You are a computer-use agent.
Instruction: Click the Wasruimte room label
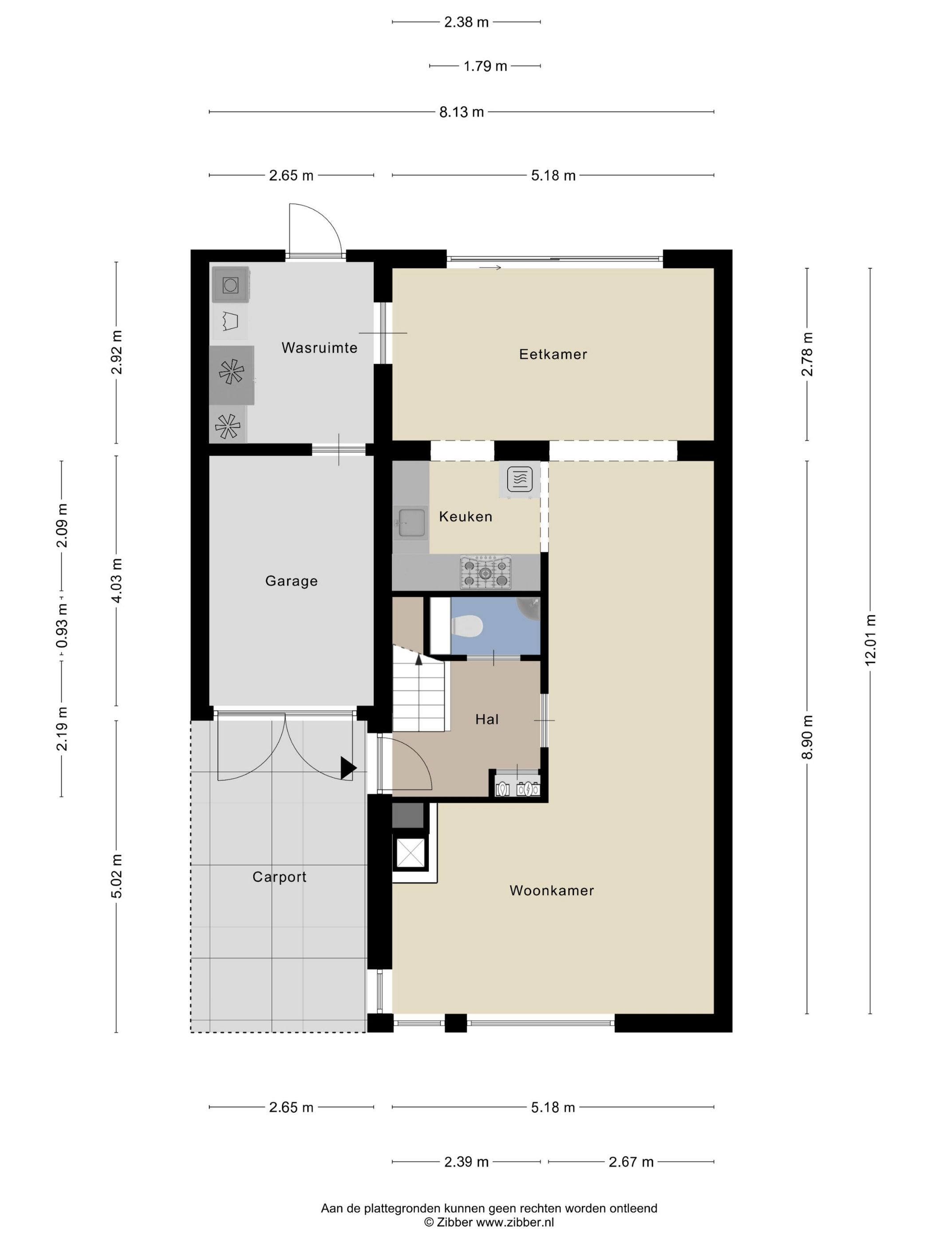[x=319, y=348]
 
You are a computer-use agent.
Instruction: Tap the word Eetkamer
[x=553, y=355]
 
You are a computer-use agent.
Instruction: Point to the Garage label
[x=291, y=581]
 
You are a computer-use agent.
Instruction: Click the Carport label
[x=279, y=877]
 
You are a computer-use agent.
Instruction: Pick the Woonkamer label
[x=551, y=890]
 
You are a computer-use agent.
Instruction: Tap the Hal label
[x=486, y=719]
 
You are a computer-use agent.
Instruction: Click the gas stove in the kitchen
[x=486, y=572]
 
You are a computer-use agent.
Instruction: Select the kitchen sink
[x=411, y=522]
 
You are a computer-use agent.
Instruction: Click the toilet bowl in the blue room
[x=468, y=625]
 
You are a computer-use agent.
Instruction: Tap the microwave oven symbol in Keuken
[x=520, y=479]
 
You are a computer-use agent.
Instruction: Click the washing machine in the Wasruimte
[x=230, y=285]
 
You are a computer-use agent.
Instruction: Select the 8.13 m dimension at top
[x=461, y=112]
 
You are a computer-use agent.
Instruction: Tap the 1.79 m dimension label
[x=485, y=66]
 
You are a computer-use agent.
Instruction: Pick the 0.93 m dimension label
[x=62, y=626]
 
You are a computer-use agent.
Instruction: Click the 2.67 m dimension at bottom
[x=631, y=1161]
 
